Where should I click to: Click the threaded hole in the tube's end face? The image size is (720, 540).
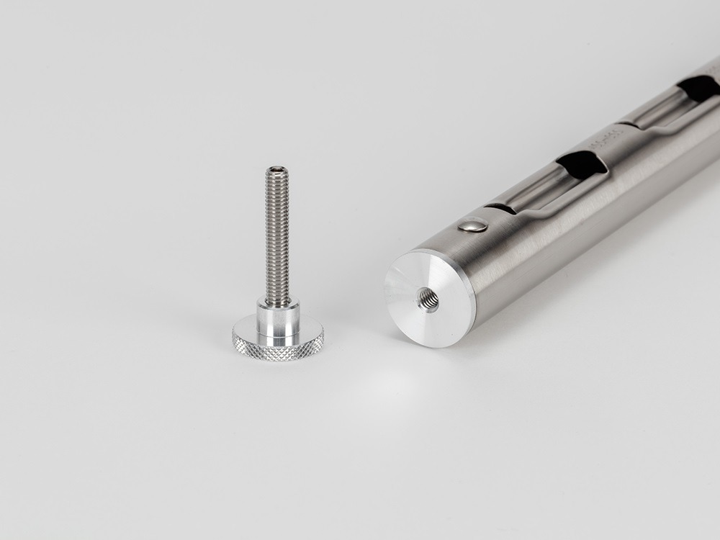pyautogui.click(x=428, y=299)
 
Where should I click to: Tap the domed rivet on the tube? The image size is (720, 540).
pyautogui.click(x=472, y=226)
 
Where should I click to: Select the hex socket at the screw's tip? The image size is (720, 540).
pyautogui.click(x=277, y=171)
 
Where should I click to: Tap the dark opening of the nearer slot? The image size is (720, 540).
pyautogui.click(x=582, y=165)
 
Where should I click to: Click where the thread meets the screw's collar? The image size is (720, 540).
pyautogui.click(x=277, y=302)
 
